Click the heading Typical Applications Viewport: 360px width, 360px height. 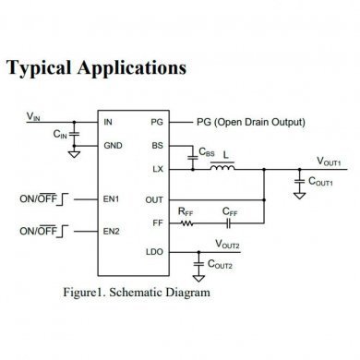tap(97, 69)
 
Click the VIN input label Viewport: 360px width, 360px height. tap(34, 115)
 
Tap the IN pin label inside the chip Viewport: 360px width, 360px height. tap(109, 122)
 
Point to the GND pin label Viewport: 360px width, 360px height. tap(113, 146)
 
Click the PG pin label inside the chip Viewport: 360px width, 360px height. tap(156, 122)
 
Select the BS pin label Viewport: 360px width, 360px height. tap(156, 146)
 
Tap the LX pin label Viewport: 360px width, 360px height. tap(156, 169)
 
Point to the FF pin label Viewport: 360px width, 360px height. tap(157, 222)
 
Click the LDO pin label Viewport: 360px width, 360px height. tap(153, 252)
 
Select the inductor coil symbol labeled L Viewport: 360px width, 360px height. tap(222, 168)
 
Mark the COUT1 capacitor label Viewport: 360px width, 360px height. tap(326, 183)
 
